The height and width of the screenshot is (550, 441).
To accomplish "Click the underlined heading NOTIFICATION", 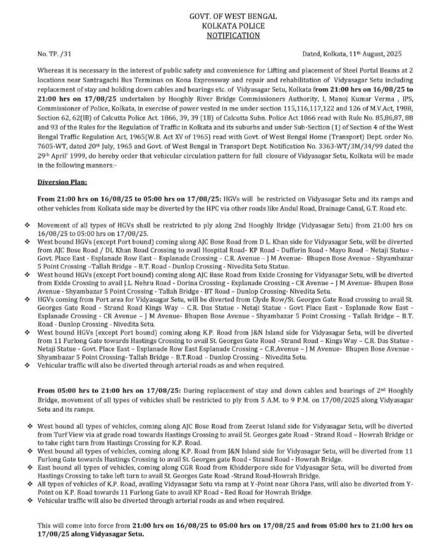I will pyautogui.click(x=233, y=36).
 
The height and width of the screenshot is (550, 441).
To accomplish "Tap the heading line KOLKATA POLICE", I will pyautogui.click(x=233, y=26).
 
